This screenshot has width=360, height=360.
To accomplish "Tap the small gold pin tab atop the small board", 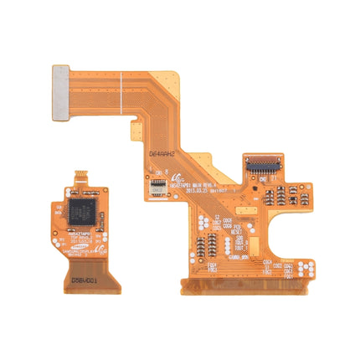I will [x=81, y=176].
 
